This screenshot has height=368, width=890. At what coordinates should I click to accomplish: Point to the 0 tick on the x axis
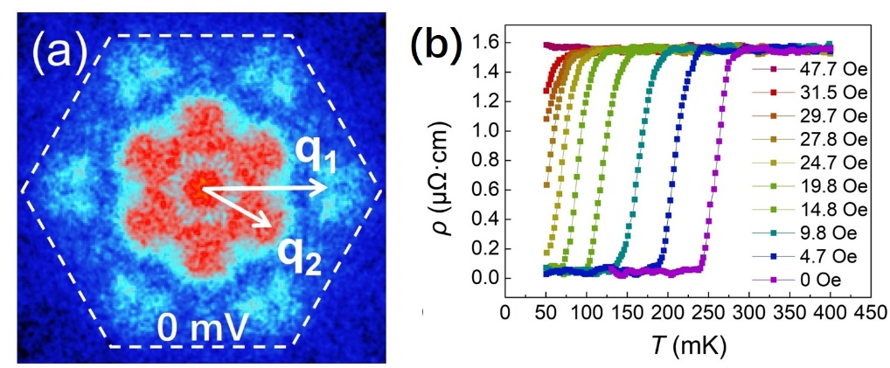pyautogui.click(x=505, y=313)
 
